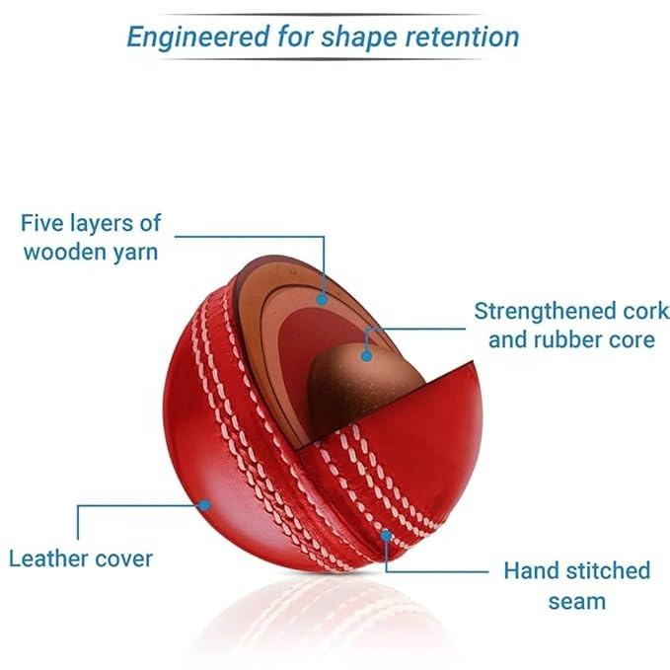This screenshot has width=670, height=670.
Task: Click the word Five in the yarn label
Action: pyautogui.click(x=42, y=222)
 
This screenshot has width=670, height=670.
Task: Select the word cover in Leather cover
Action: pyautogui.click(x=124, y=558)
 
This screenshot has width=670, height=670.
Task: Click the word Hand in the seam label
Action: pyautogui.click(x=526, y=570)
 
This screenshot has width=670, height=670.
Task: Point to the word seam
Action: pyautogui.click(x=577, y=599)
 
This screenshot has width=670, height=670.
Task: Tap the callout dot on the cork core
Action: pyautogui.click(x=366, y=352)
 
